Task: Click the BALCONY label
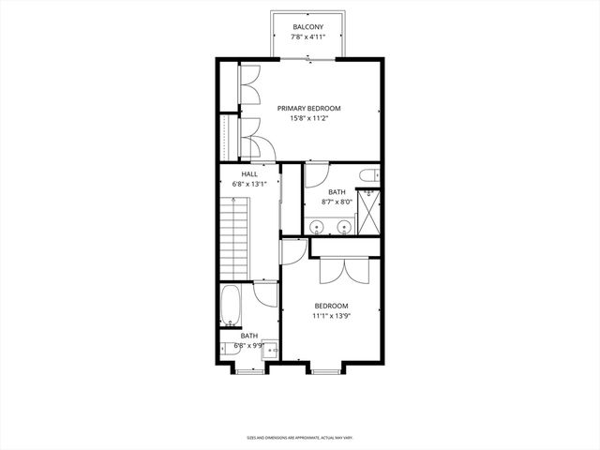[x=308, y=26]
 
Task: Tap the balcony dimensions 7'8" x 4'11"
[x=308, y=37]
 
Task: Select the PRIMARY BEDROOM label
[x=308, y=109]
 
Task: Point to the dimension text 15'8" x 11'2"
[x=308, y=119]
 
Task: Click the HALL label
[x=249, y=174]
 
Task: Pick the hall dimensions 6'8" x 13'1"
[x=249, y=185]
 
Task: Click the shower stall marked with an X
[x=368, y=212]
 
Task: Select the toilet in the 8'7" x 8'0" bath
[x=368, y=174]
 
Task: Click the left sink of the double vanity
[x=318, y=226]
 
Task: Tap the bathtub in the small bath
[x=232, y=304]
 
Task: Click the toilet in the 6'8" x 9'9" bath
[x=230, y=348]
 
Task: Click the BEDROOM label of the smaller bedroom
[x=331, y=306]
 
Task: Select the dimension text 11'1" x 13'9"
[x=331, y=316]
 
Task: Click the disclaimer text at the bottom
[x=300, y=437]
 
